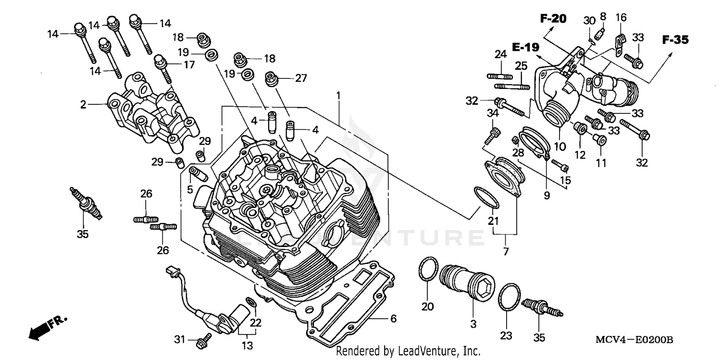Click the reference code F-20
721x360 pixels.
click(x=553, y=19)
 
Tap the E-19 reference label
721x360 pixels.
click(x=525, y=47)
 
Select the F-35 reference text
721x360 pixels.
click(x=675, y=40)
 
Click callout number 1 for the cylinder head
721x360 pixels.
click(x=338, y=95)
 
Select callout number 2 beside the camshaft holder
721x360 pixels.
click(x=84, y=104)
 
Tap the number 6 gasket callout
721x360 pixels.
click(x=393, y=318)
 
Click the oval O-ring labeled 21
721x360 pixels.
click(x=486, y=198)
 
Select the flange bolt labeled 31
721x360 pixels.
click(x=202, y=341)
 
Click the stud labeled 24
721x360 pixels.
click(x=500, y=76)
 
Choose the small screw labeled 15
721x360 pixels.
click(x=560, y=166)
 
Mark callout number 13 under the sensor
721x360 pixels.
click(x=247, y=345)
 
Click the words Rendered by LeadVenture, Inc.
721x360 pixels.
click(x=408, y=351)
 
